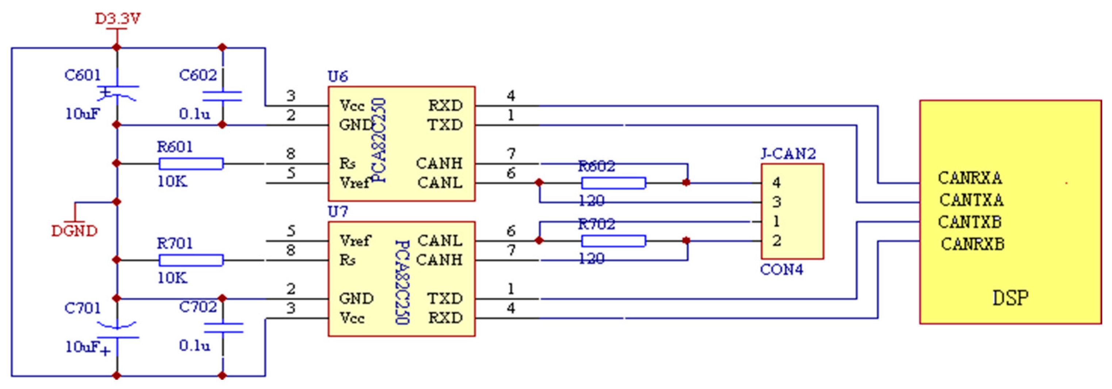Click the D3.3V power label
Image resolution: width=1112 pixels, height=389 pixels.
[x=118, y=19]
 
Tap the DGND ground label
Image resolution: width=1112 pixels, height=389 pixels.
[x=74, y=231]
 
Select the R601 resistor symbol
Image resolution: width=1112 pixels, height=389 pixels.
[x=191, y=163]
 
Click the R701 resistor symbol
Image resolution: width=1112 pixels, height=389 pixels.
[x=191, y=260]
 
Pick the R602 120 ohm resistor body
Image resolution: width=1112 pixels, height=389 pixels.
[x=613, y=183]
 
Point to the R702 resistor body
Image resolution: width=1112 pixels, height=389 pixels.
[x=613, y=240]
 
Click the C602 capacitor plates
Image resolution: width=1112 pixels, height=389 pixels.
[x=222, y=96]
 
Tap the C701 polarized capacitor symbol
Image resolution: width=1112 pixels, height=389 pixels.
[x=117, y=330]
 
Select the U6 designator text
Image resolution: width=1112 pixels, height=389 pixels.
[x=338, y=77]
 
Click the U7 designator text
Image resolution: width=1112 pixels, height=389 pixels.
[x=338, y=212]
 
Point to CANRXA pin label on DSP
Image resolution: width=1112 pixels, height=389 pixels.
[x=970, y=178]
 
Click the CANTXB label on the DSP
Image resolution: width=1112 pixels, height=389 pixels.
[x=970, y=222]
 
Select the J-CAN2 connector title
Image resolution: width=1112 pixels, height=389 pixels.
[x=788, y=154]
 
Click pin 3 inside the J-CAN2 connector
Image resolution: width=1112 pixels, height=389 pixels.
[x=776, y=202]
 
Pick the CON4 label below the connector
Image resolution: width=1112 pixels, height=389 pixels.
[x=781, y=270]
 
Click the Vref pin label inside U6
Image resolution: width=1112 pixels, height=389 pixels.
[x=354, y=183]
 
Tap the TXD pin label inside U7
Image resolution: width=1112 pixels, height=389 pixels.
[x=445, y=299]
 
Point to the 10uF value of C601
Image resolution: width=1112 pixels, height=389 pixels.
[x=83, y=114]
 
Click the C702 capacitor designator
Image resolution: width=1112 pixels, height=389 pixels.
[x=198, y=307]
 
